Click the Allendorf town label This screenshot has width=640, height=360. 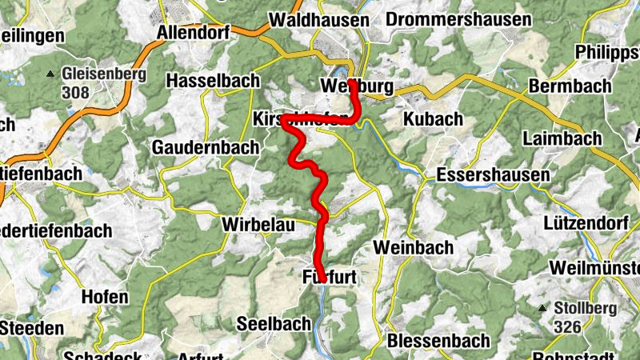click(x=194, y=33)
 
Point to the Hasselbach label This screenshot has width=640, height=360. click(x=213, y=81)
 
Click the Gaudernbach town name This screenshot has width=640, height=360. click(x=206, y=147)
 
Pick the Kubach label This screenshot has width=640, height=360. click(x=433, y=119)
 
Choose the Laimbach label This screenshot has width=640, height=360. click(x=562, y=138)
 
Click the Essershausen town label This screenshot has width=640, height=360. click(x=494, y=175)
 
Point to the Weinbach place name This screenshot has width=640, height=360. click(x=414, y=248)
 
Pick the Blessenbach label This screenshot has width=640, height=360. click(x=438, y=341)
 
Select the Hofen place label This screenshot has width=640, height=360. click(x=105, y=298)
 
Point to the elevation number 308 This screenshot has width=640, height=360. click(x=75, y=93)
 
